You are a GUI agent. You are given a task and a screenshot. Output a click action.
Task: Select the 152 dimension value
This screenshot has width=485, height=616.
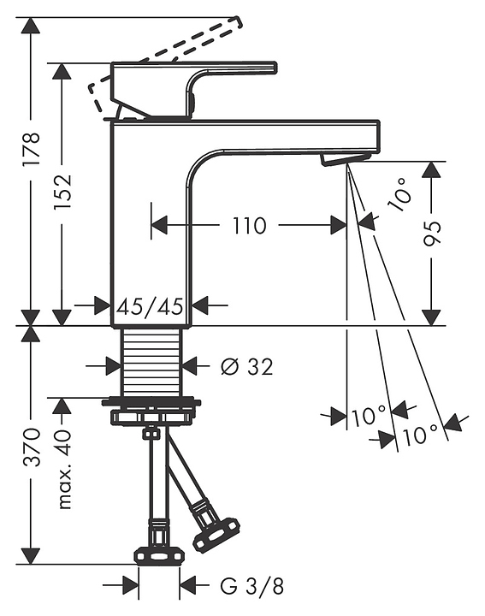click(x=62, y=191)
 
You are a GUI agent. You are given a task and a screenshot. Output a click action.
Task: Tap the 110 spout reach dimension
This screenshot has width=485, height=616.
click(x=249, y=226)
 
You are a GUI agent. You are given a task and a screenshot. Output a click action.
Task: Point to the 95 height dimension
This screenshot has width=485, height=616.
click(x=432, y=234)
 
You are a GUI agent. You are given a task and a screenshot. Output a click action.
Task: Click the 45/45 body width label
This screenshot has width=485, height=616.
click(x=151, y=306)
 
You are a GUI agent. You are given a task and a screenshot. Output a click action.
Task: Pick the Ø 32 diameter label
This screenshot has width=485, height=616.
click(x=247, y=367)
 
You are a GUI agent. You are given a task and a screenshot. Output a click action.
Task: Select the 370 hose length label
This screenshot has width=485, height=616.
click(x=32, y=447)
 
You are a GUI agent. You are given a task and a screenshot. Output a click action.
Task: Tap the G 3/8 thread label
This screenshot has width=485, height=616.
click(x=251, y=587)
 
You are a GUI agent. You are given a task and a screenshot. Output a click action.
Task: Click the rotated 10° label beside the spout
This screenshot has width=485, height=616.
click(x=399, y=193)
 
